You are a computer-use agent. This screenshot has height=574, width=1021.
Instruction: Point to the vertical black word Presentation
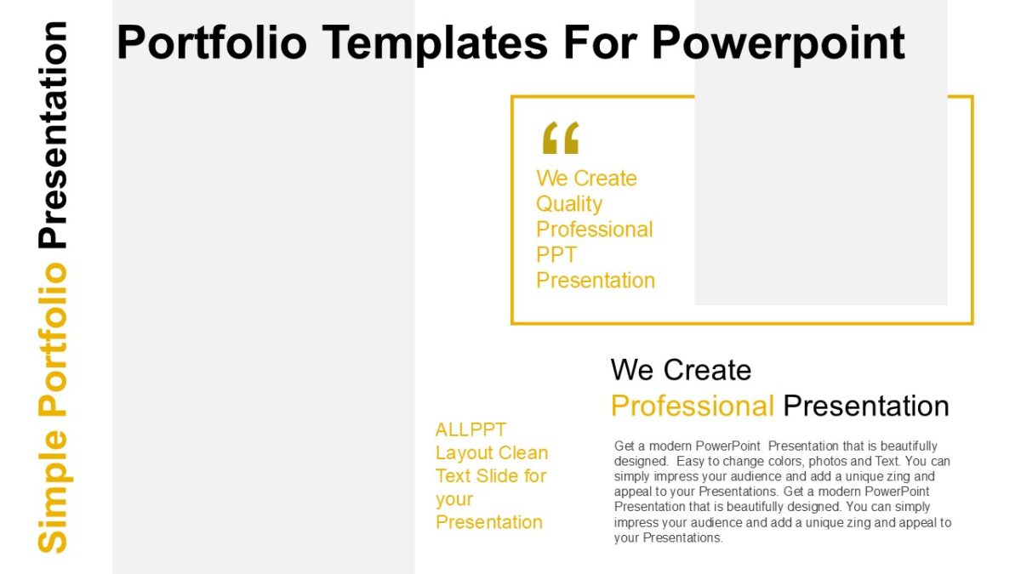(x=53, y=134)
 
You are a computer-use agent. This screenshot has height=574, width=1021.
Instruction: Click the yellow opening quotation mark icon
(x=560, y=138)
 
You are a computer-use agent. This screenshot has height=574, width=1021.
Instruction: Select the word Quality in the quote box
(x=568, y=204)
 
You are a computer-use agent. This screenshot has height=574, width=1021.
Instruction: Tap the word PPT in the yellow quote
(x=556, y=255)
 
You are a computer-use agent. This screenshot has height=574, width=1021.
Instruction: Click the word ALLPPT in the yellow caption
(x=471, y=429)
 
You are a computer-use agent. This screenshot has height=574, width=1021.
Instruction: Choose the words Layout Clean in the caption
(x=491, y=452)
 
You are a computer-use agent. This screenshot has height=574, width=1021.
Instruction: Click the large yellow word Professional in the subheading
(x=692, y=406)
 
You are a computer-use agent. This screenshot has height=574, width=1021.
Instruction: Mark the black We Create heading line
(x=681, y=370)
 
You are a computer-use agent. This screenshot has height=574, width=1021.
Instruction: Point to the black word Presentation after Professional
(x=865, y=406)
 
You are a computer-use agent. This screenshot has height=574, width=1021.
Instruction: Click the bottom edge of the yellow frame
(x=741, y=323)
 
